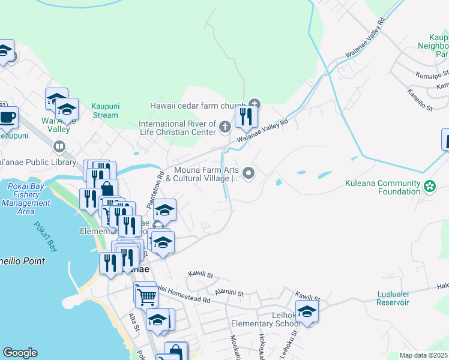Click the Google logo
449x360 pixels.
click(x=20, y=353)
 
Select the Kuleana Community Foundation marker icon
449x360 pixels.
click(x=430, y=185)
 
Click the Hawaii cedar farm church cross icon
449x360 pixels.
click(x=254, y=104)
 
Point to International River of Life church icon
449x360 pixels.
click(x=224, y=127)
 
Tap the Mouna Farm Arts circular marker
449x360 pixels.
click(x=249, y=174)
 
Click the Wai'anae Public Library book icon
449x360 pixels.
click(x=59, y=146)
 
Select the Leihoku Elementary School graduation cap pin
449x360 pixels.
click(x=307, y=312)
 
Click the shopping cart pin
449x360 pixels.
click(x=145, y=295)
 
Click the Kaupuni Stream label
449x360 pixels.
click(x=105, y=110)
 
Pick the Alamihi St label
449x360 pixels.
click(x=229, y=294)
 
